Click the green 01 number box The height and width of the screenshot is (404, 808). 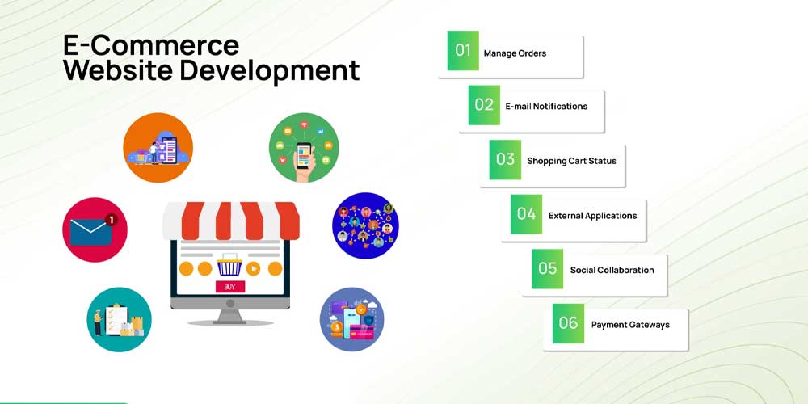(463, 50)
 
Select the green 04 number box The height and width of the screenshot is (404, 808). (526, 214)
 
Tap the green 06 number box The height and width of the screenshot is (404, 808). (568, 324)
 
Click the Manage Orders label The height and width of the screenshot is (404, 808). (515, 53)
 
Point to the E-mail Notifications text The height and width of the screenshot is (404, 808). (546, 106)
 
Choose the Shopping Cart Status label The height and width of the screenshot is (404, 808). (571, 161)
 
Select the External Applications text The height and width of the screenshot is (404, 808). (592, 216)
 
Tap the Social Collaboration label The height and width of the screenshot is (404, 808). (612, 270)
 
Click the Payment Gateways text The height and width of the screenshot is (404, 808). (630, 325)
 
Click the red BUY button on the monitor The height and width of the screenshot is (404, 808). (229, 287)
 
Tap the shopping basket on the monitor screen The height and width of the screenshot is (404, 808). (229, 265)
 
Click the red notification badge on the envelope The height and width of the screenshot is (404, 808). (111, 220)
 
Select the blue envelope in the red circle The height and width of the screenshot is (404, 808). (90, 233)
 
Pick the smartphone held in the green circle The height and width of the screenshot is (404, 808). (304, 156)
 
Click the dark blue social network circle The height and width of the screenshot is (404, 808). (365, 225)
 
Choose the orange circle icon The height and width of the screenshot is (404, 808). (158, 147)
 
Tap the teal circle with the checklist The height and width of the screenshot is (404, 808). (119, 319)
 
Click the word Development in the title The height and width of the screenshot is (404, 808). (270, 72)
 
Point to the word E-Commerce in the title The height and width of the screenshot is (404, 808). (151, 45)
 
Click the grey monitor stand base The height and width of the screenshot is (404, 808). (229, 322)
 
